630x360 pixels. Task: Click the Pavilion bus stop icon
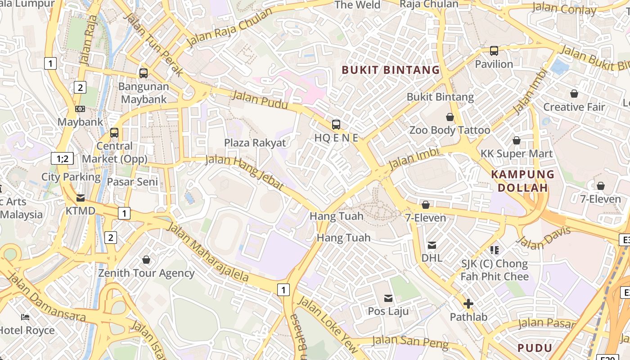pyautogui.click(x=494, y=51)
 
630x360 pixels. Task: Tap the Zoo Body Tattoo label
pyautogui.click(x=450, y=130)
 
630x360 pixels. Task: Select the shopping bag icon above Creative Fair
pyautogui.click(x=574, y=94)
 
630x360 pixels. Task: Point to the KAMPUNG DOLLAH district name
pyautogui.click(x=522, y=181)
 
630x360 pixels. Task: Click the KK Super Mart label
pyautogui.click(x=517, y=153)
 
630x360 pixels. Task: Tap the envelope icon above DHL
pyautogui.click(x=432, y=245)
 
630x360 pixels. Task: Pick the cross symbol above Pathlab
pyautogui.click(x=468, y=304)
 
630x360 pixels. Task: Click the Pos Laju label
pyautogui.click(x=388, y=311)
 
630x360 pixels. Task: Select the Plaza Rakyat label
pyautogui.click(x=255, y=143)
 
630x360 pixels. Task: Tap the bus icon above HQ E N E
pyautogui.click(x=336, y=125)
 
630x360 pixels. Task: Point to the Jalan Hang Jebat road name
pyautogui.click(x=245, y=172)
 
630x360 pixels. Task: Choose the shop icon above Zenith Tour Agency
pyautogui.click(x=146, y=260)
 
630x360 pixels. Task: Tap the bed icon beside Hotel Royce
pyautogui.click(x=25, y=317)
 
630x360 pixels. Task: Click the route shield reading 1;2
pyautogui.click(x=62, y=158)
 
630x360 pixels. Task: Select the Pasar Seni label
pyautogui.click(x=133, y=182)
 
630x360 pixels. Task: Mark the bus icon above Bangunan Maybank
pyautogui.click(x=144, y=73)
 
